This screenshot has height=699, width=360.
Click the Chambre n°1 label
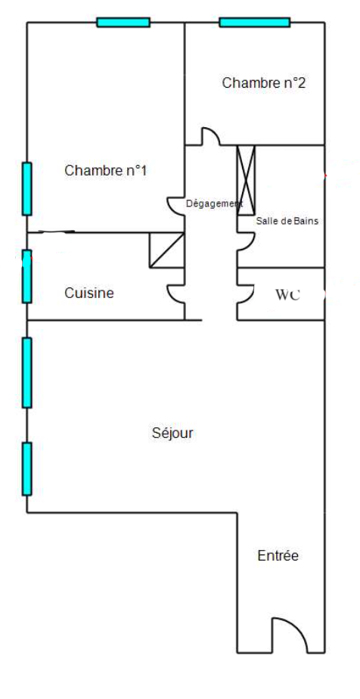pos(106,171)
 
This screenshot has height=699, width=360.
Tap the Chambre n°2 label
pos(264,83)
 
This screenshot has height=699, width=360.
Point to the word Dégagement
pos(214,203)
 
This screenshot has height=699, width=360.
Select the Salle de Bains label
pos(287,221)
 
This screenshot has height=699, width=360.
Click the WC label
pos(287,295)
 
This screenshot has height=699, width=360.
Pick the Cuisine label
pos(89,294)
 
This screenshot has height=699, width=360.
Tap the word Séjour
pos(172,433)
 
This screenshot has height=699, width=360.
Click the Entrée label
pos(278,556)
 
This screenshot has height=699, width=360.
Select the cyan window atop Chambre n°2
pos(255,22)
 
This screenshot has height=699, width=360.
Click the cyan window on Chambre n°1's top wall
pos(123,22)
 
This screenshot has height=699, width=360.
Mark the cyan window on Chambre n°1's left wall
pos(27,189)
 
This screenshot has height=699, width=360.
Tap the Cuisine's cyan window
pos(27,276)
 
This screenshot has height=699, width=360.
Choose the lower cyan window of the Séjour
pos(27,469)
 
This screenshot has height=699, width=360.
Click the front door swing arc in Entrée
pos(296,628)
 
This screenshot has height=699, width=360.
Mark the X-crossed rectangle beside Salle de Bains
pos(246,180)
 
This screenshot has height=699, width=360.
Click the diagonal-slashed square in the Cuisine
pos(166,250)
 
